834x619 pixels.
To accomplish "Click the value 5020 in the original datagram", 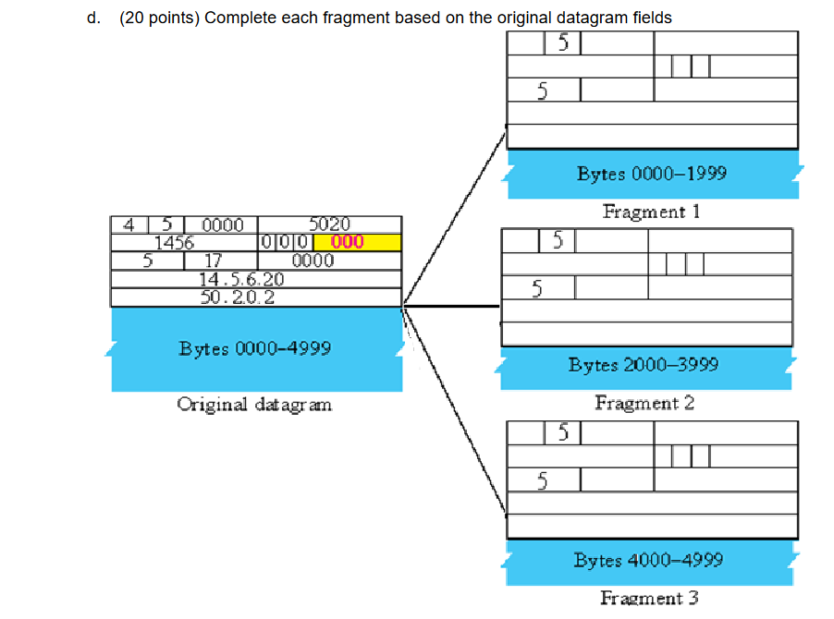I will [329, 225].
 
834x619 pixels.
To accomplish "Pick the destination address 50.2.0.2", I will [237, 297].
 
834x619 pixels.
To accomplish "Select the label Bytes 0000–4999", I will [255, 349].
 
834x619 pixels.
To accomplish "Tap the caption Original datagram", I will [254, 405].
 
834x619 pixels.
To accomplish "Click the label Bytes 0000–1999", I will [652, 174].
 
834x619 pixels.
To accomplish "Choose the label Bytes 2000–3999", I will [644, 365].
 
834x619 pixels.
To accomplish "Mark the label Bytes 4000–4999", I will [648, 561].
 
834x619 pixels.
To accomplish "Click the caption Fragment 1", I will [651, 212].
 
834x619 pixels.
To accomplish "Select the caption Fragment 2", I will [644, 403].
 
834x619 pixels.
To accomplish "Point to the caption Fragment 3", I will [649, 598].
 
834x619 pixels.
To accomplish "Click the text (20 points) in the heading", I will [159, 18].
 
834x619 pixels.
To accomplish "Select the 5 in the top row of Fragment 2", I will [558, 241].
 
